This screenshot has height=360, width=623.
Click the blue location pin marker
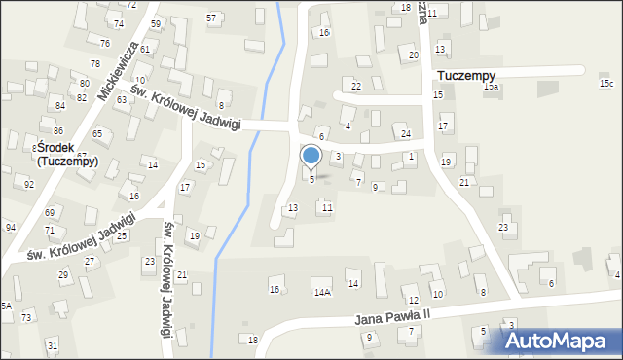(311, 156)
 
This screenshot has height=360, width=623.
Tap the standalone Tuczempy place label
(467, 75)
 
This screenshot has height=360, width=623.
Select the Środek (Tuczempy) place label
(67, 155)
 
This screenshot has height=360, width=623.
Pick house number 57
(211, 18)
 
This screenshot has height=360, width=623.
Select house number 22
(356, 87)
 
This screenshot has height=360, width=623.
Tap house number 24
(406, 133)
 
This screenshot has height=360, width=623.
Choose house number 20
(413, 55)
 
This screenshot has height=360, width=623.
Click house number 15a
(492, 87)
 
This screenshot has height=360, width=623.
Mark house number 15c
(606, 84)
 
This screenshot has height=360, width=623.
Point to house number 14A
(321, 291)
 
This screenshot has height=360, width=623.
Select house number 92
(29, 184)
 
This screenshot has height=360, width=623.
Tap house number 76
(104, 43)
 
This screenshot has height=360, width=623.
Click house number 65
(97, 133)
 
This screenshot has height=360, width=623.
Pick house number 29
(63, 275)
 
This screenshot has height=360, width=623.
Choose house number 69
(50, 211)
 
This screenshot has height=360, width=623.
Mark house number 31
(52, 346)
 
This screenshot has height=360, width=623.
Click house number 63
(122, 99)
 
